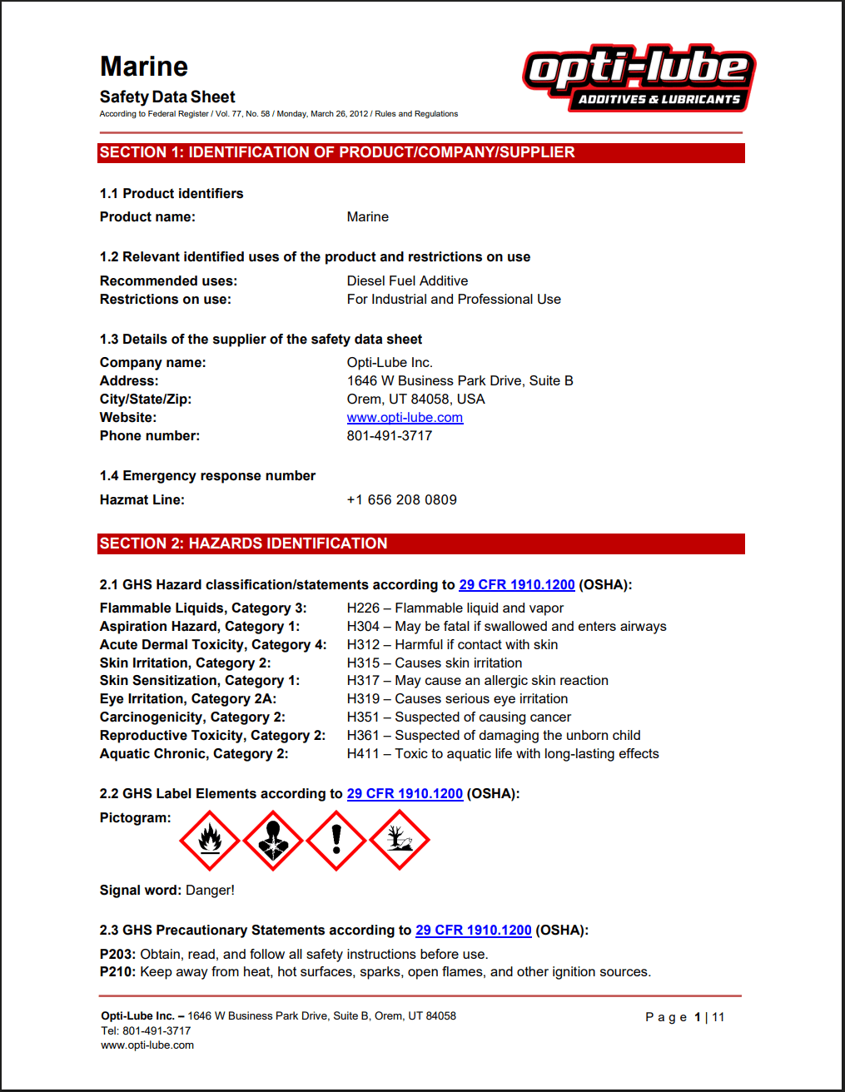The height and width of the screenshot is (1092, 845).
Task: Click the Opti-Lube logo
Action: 639,77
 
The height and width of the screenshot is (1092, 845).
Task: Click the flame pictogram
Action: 210,841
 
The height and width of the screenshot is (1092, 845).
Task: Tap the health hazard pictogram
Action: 273,841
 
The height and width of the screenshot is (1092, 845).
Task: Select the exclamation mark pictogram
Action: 336,841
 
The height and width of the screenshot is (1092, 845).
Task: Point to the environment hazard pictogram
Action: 400,841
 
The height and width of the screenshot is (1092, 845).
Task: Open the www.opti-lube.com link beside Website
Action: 405,418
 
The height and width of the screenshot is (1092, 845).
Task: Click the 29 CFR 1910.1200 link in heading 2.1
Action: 516,585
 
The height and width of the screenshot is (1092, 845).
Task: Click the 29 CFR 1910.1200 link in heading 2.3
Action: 473,931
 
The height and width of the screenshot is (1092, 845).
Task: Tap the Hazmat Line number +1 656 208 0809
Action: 401,500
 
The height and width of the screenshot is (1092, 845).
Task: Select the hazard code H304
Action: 363,627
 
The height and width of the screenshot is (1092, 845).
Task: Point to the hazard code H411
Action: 363,754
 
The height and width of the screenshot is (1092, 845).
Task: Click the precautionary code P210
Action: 117,972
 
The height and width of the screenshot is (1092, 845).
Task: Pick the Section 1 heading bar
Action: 420,153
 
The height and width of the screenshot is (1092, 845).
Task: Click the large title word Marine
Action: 144,67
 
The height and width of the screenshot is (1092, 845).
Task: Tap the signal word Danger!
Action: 210,891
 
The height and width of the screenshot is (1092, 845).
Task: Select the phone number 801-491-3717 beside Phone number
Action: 390,436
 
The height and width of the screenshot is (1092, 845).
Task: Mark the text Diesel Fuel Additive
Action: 407,281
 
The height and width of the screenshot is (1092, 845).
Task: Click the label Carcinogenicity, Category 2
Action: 192,717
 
